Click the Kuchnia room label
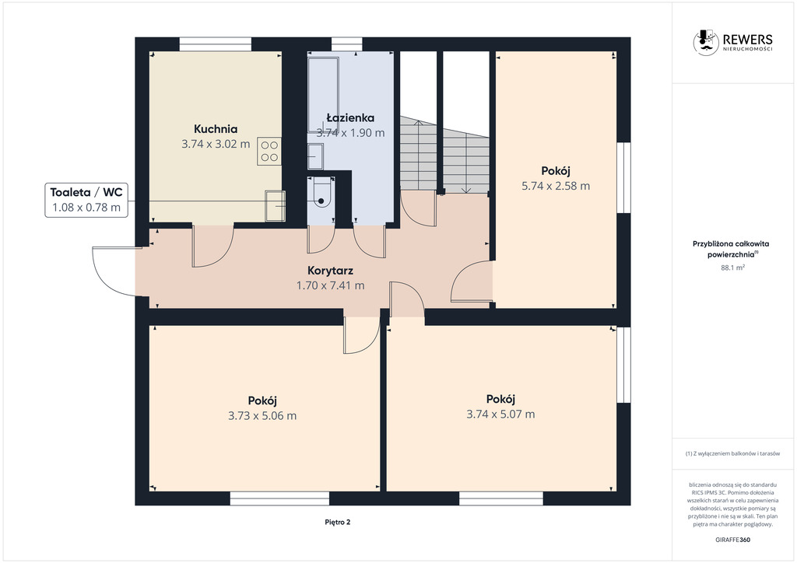point(216,129)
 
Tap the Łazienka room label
point(350,117)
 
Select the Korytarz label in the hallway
point(330,271)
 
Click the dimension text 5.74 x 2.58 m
point(556,186)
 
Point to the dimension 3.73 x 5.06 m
point(262,416)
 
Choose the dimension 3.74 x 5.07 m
point(500,414)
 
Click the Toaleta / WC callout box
point(86,200)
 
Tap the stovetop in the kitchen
point(269,151)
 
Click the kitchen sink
point(275,205)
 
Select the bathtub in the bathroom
point(323,94)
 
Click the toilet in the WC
point(321,193)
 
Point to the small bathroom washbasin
point(315,156)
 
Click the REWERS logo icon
point(706,42)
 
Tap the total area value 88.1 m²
point(732,268)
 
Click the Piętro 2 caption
point(338,522)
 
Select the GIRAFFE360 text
point(732,540)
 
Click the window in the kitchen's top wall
point(216,44)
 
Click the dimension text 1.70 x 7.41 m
point(330,285)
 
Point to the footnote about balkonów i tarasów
point(732,453)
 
